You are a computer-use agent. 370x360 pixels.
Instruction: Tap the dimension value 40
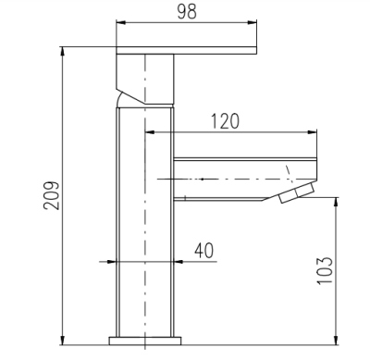[x=204, y=250]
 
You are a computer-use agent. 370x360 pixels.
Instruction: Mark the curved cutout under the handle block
[x=123, y=96]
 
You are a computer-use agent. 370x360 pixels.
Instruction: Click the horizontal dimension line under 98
[x=185, y=25]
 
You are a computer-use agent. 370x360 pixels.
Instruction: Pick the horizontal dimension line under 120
[x=231, y=132]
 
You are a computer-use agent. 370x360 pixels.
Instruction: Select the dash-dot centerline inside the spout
[x=222, y=177]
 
